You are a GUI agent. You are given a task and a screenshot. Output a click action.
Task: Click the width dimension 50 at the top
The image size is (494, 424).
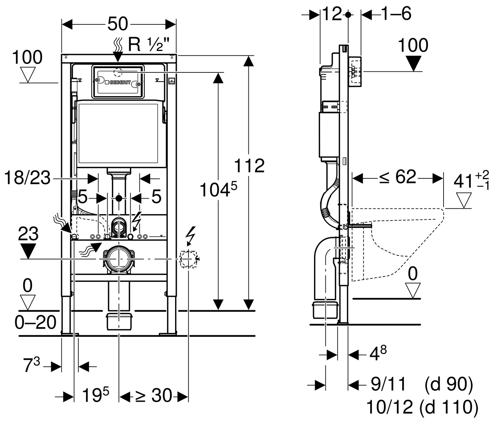[118, 24]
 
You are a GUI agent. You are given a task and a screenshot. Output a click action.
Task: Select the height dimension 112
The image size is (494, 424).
[249, 165]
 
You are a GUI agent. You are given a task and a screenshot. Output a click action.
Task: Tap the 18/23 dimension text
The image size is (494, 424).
[27, 178]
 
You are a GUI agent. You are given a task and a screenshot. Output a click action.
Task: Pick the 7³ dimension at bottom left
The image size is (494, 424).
[31, 365]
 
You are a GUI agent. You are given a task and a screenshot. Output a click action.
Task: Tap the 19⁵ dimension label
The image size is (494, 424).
[96, 395]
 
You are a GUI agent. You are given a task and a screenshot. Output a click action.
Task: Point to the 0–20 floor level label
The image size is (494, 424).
[36, 322]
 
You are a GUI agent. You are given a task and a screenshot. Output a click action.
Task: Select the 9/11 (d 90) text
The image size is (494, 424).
[421, 384]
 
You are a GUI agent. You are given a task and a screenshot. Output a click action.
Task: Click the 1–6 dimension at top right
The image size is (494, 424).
[396, 14]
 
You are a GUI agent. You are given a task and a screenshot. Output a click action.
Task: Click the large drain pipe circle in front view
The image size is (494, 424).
[119, 259]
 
